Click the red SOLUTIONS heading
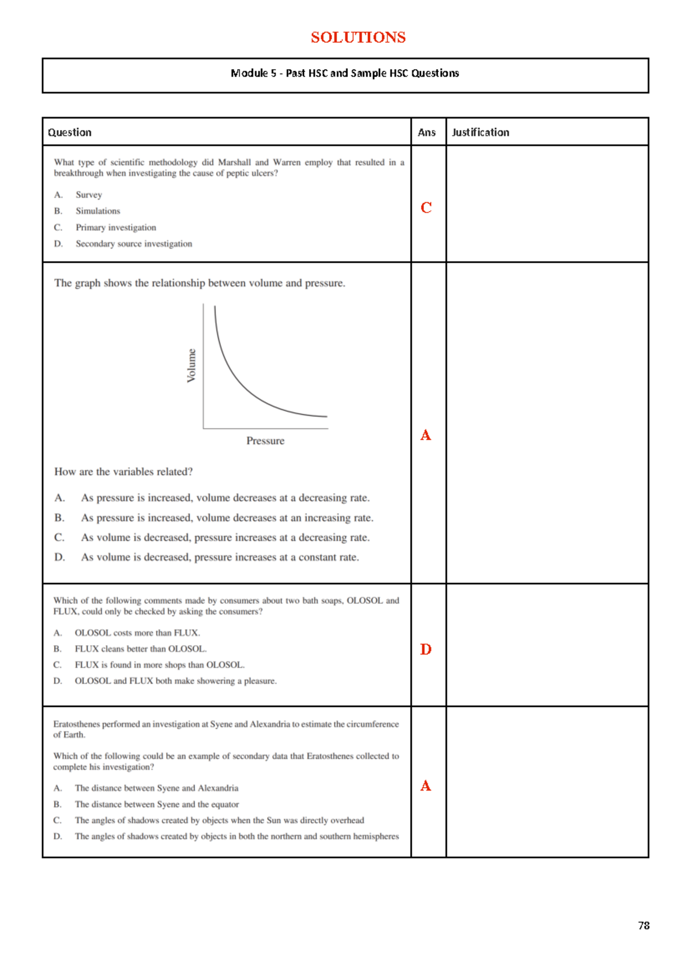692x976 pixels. (x=358, y=37)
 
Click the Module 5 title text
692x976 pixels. (x=345, y=73)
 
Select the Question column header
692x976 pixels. (x=70, y=133)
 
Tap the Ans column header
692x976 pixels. (x=427, y=133)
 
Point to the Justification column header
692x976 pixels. (x=480, y=133)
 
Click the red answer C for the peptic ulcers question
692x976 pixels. (x=426, y=208)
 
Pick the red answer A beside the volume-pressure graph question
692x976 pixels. (x=426, y=436)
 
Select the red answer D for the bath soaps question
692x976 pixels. (x=426, y=650)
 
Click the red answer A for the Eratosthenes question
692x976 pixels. (x=426, y=786)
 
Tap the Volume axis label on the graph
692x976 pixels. (x=191, y=365)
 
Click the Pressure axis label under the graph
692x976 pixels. (x=265, y=441)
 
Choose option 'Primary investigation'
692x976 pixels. (x=116, y=228)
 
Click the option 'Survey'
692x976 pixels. (x=89, y=195)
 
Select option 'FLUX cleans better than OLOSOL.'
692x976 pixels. (x=140, y=649)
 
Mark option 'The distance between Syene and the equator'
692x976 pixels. (x=156, y=804)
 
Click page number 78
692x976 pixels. (x=644, y=925)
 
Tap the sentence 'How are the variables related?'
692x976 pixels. (x=123, y=472)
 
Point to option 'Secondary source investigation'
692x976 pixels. (x=134, y=244)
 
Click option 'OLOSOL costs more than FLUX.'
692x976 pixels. (x=137, y=633)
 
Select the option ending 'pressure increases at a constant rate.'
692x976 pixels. (x=220, y=557)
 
